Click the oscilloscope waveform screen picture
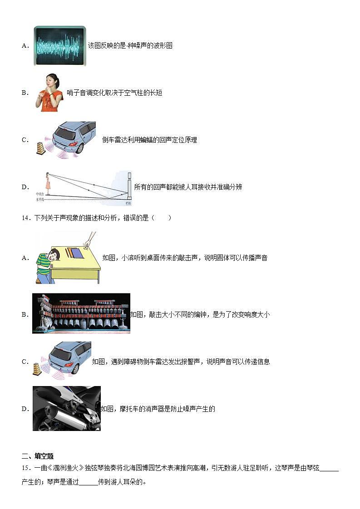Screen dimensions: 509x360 [60, 45]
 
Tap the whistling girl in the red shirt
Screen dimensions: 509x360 [49, 93]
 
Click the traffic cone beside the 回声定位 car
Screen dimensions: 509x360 [41, 148]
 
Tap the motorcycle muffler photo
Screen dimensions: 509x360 [66, 408]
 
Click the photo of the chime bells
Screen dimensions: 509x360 [81, 313]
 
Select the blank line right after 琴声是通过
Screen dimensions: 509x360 [89, 482]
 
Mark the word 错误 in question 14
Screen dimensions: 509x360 [129, 218]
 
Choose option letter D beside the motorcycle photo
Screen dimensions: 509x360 [25, 409]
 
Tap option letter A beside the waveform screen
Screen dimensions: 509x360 [25, 45]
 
